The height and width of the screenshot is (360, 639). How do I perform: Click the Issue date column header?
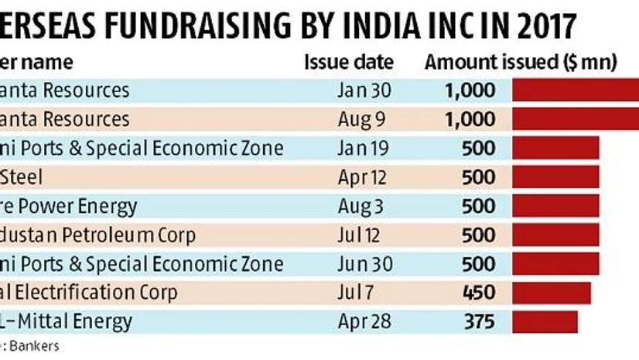pyautogui.click(x=348, y=62)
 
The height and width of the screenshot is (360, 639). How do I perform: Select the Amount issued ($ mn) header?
pyautogui.click(x=520, y=62)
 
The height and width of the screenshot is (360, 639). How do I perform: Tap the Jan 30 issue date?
pyautogui.click(x=364, y=91)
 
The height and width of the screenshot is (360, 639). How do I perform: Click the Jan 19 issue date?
pyautogui.click(x=364, y=148)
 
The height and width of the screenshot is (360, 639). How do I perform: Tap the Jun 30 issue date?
pyautogui.click(x=364, y=263)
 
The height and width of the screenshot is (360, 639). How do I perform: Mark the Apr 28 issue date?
pyautogui.click(x=364, y=321)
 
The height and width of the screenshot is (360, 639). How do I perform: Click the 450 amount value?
pyautogui.click(x=477, y=293)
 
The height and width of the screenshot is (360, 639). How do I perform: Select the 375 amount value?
pyautogui.click(x=477, y=321)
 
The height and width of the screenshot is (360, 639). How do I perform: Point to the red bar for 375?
pyautogui.click(x=546, y=321)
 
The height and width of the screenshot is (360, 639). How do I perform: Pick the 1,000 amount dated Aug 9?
pyautogui.click(x=470, y=119)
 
